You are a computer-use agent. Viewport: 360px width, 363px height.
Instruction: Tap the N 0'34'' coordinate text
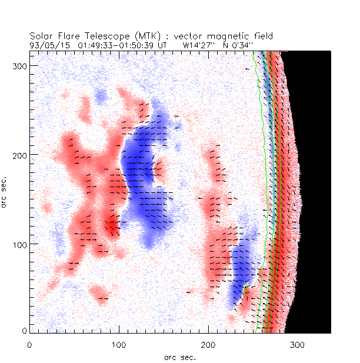coord(234,44)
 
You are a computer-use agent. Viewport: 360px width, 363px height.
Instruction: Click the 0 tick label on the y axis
coord(24,332)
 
